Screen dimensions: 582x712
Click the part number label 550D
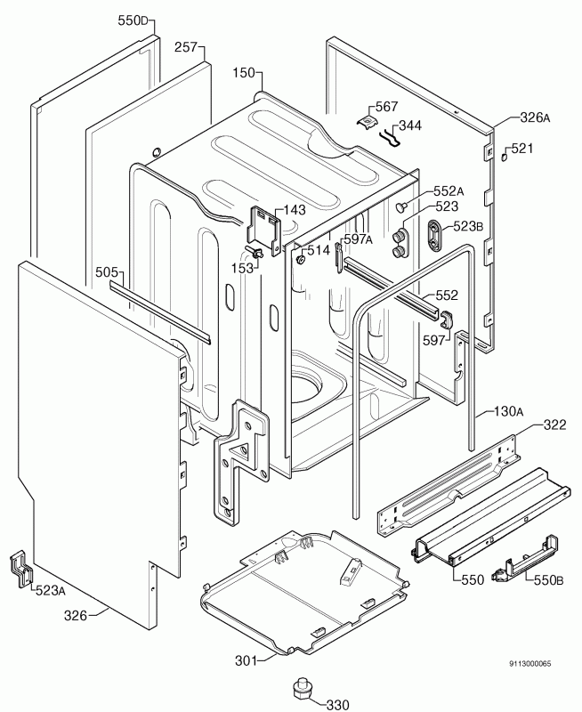[133, 20]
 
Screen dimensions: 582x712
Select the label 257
[187, 47]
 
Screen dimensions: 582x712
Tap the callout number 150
[244, 73]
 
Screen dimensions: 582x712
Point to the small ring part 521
[504, 157]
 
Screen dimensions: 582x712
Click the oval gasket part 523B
[434, 234]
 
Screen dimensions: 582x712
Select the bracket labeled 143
[264, 231]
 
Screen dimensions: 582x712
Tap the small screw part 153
[255, 252]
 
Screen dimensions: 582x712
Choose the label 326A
[535, 117]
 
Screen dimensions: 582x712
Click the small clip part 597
[445, 320]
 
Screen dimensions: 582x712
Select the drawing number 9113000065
[529, 664]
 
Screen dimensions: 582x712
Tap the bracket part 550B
[526, 559]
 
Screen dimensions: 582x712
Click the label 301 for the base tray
[246, 660]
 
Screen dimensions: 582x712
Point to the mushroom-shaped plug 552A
[400, 207]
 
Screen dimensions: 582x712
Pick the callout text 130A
[508, 412]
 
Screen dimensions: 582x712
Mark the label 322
[554, 425]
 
